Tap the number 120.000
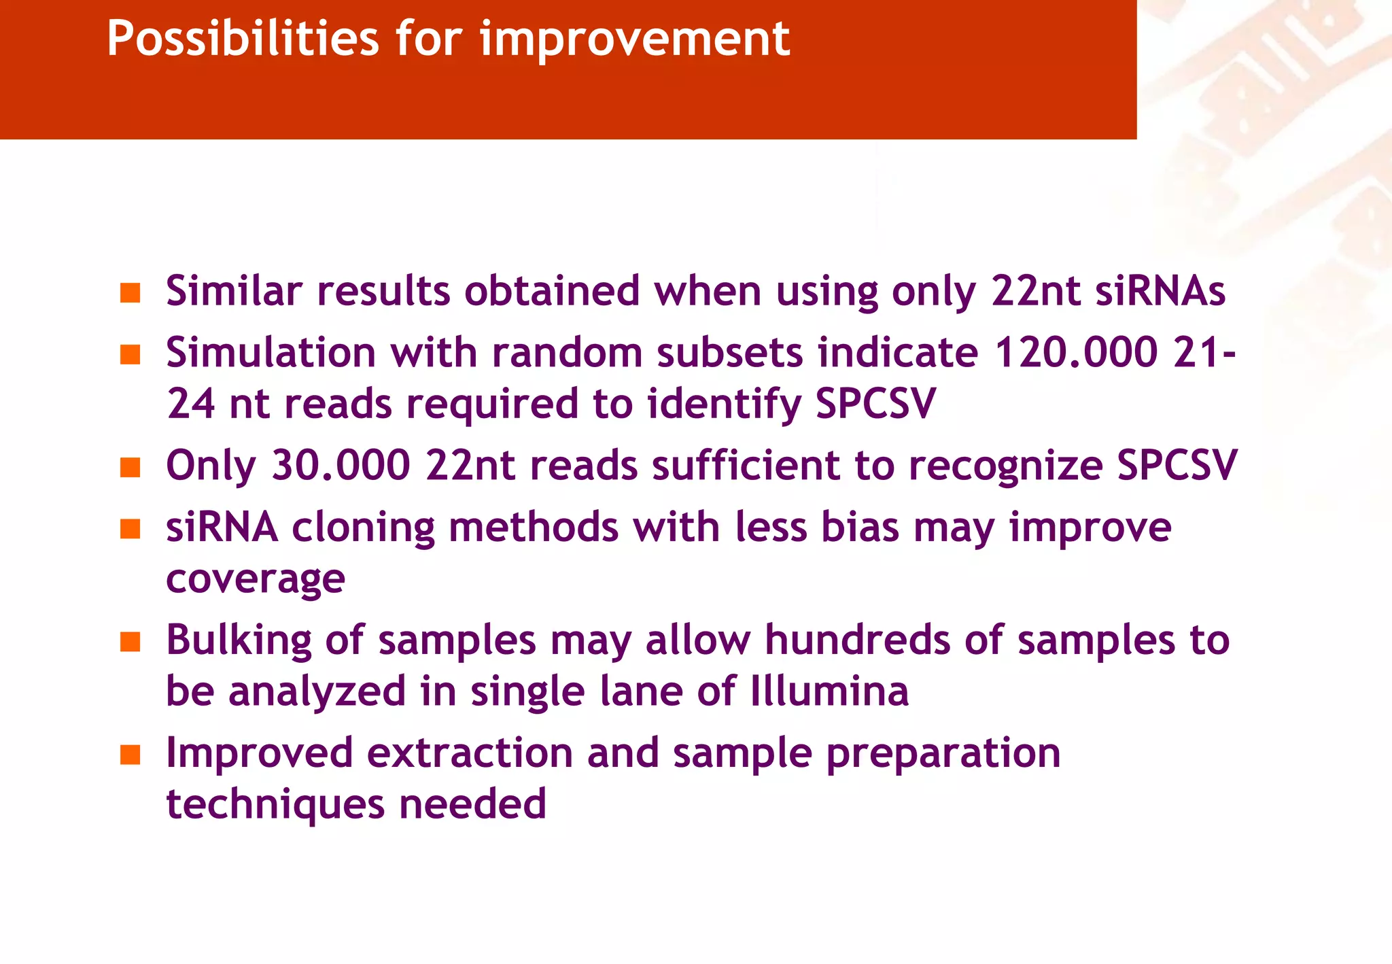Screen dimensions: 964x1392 point(1075,353)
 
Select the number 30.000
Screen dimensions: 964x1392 point(341,466)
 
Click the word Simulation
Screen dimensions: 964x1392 point(271,353)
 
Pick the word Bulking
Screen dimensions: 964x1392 point(239,640)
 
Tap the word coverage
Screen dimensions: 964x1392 point(256,580)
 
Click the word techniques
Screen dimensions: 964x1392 point(275,804)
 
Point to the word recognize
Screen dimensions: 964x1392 point(1005,466)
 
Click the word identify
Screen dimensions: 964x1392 point(724,404)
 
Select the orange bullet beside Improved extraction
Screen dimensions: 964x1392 point(130,755)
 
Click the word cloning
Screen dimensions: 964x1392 point(363,528)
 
